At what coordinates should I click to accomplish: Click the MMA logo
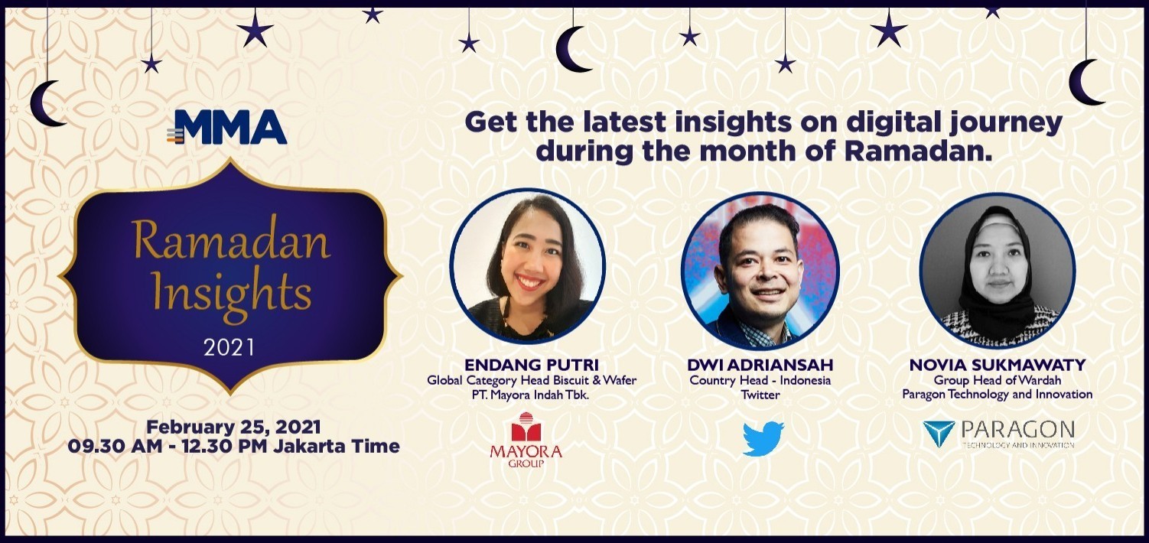pyautogui.click(x=226, y=127)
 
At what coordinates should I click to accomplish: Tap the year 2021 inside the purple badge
pyautogui.click(x=229, y=347)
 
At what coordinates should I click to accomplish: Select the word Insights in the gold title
pyautogui.click(x=232, y=294)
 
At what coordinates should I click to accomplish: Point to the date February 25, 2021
pyautogui.click(x=234, y=427)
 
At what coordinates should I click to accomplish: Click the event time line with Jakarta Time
pyautogui.click(x=234, y=446)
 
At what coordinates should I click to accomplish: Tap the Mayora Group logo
pyautogui.click(x=526, y=440)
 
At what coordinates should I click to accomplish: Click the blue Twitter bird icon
pyautogui.click(x=763, y=438)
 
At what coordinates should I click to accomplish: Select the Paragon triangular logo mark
pyautogui.click(x=939, y=434)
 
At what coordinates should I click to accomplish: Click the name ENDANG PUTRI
pyautogui.click(x=532, y=365)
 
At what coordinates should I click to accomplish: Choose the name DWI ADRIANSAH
pyautogui.click(x=760, y=365)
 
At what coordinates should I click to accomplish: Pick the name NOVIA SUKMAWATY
pyautogui.click(x=998, y=365)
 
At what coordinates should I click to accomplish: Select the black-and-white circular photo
pyautogui.click(x=998, y=270)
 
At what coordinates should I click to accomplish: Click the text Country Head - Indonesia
pyautogui.click(x=760, y=380)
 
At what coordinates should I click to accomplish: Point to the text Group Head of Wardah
pyautogui.click(x=998, y=380)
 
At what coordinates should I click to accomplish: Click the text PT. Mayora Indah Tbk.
pyautogui.click(x=531, y=395)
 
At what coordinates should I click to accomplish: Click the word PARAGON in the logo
pyautogui.click(x=1017, y=430)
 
